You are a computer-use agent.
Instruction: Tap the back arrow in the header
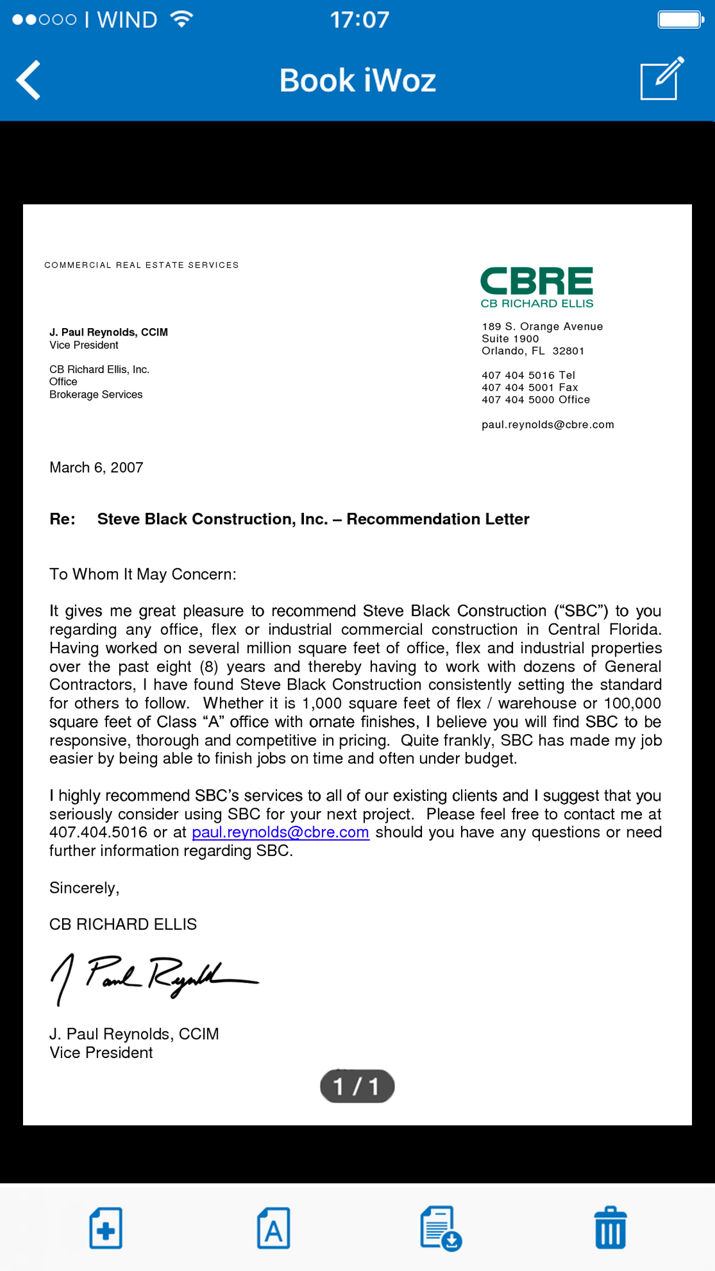[29, 80]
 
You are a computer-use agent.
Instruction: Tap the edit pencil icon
[662, 79]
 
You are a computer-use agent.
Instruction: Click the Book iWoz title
[357, 80]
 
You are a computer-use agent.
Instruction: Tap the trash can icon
[610, 1228]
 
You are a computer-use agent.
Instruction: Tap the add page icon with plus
[106, 1228]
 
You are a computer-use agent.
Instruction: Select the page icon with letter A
[273, 1228]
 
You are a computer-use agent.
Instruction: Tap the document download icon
[440, 1228]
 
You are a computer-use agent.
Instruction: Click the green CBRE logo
[537, 286]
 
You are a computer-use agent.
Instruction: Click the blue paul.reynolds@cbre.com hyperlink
[280, 832]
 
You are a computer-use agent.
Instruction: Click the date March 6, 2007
[96, 467]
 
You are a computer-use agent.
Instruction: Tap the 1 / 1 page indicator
[357, 1086]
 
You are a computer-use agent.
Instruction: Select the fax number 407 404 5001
[530, 387]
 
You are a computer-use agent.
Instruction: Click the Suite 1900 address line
[510, 338]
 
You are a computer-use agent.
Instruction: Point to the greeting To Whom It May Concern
[143, 574]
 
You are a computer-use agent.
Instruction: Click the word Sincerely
[84, 888]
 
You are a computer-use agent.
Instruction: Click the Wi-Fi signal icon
[181, 20]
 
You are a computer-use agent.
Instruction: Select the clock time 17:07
[359, 20]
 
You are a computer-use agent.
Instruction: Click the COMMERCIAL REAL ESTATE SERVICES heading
[142, 265]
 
